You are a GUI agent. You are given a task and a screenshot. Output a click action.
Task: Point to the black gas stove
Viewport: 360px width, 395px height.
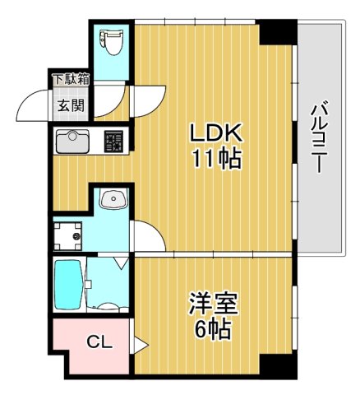(x=113, y=142)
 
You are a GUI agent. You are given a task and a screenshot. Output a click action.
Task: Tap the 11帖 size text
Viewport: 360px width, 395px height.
(x=217, y=159)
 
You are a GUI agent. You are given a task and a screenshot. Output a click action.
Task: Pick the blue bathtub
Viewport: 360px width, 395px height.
(x=67, y=285)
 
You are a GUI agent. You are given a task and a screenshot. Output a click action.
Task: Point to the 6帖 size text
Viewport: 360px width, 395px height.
(x=212, y=331)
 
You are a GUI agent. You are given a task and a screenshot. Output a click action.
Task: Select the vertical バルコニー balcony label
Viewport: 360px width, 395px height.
(x=319, y=136)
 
